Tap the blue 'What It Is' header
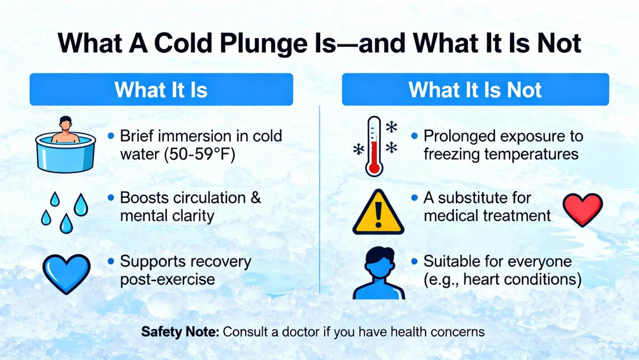coord(161,89)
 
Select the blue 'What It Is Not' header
coord(475,89)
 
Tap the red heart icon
coord(582,209)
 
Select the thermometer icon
coord(374,146)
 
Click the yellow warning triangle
coord(378,211)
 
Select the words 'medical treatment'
coord(487,216)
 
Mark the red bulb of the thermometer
coord(373,168)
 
